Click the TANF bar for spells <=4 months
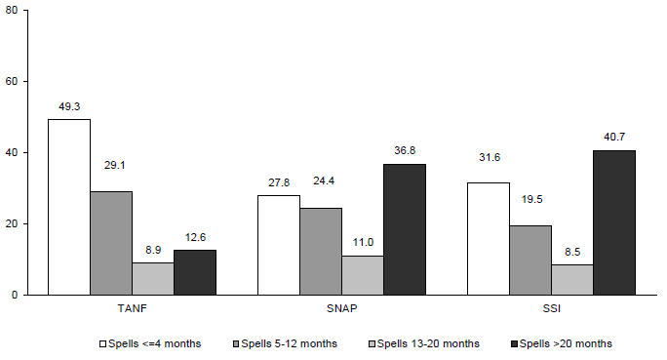click(68, 207)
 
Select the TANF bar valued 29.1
click(111, 243)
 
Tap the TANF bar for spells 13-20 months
click(153, 279)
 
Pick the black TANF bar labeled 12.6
click(195, 272)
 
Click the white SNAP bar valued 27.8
click(279, 245)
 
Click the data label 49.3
click(69, 108)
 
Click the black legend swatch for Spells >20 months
click(515, 343)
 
